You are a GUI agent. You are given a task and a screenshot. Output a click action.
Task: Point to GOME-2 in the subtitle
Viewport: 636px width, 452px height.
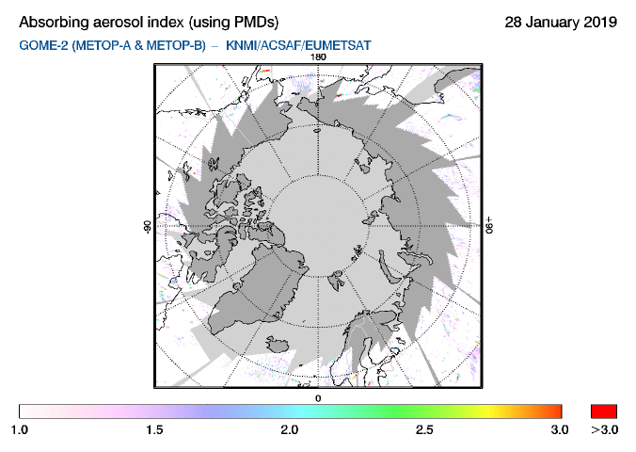42,44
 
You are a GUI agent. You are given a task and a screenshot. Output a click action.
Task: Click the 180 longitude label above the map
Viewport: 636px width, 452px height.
318,57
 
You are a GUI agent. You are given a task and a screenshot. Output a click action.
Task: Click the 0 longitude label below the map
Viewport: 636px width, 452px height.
318,398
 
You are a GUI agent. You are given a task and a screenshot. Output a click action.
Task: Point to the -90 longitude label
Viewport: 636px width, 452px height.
147,227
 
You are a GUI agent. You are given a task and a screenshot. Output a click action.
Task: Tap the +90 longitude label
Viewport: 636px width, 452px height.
490,227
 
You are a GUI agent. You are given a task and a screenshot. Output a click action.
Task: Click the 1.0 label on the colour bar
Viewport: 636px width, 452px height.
20,429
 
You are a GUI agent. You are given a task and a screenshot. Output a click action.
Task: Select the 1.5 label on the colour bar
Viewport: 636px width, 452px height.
155,429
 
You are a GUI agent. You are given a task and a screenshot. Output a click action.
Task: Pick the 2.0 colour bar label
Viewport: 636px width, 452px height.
290,429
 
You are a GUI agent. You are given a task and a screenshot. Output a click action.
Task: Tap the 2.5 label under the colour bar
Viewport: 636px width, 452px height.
425,429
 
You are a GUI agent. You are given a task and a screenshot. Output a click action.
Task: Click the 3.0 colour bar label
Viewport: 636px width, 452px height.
560,429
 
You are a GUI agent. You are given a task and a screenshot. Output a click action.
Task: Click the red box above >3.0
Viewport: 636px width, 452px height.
603,411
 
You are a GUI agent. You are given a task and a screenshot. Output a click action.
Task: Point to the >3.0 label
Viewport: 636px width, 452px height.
603,429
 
